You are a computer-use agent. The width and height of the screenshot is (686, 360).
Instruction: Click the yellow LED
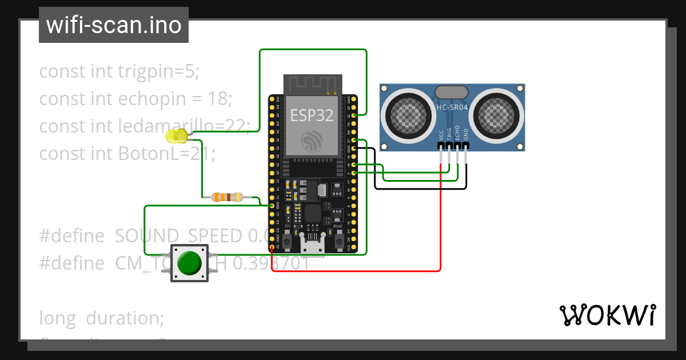(176, 136)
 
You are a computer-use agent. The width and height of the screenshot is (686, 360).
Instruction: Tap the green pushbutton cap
(189, 263)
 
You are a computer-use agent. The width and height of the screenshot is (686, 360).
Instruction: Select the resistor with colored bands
(227, 197)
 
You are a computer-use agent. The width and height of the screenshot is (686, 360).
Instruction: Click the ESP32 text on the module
(312, 115)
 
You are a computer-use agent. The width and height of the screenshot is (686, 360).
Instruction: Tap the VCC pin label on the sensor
(441, 134)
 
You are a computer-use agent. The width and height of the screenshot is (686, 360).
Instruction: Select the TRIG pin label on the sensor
(449, 134)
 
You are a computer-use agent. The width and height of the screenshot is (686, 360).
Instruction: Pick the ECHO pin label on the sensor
(457, 134)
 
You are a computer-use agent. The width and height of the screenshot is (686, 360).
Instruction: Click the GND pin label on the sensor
(466, 134)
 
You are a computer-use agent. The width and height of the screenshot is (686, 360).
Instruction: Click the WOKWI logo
(607, 315)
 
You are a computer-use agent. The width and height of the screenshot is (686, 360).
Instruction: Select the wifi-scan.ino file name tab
(114, 25)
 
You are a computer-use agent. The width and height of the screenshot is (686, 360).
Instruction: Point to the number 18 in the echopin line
(217, 99)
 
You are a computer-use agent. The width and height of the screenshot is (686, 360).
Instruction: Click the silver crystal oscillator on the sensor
(452, 92)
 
